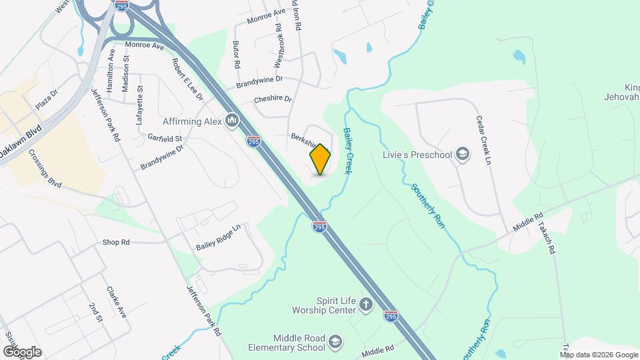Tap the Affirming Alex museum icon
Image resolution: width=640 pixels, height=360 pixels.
[232, 121]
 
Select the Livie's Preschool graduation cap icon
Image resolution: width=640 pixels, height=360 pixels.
[462, 155]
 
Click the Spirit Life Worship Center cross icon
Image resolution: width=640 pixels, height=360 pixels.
[365, 305]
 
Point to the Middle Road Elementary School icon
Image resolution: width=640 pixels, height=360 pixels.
[335, 342]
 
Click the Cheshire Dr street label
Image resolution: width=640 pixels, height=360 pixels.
[273, 99]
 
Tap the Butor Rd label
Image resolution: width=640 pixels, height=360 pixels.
[237, 55]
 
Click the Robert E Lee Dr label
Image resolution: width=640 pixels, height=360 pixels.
[187, 79]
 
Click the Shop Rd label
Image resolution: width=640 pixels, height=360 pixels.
[116, 242]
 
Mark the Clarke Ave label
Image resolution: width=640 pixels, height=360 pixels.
[116, 303]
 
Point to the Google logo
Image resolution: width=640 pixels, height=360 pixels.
[22, 351]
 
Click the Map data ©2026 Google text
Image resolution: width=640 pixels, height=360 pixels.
[598, 354]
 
